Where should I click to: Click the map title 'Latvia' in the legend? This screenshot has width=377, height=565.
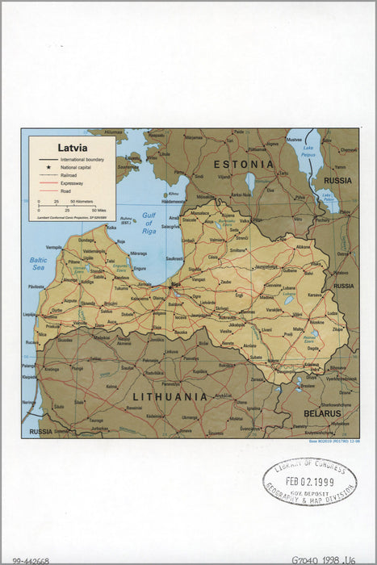point(72,148)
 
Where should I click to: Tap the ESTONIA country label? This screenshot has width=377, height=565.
point(243,164)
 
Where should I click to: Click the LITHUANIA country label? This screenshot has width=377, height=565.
point(170,396)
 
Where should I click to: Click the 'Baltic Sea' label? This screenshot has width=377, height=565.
point(38,263)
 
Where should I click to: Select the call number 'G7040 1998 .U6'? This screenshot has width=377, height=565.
point(326,559)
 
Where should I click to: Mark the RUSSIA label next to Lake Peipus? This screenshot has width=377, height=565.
point(338,181)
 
